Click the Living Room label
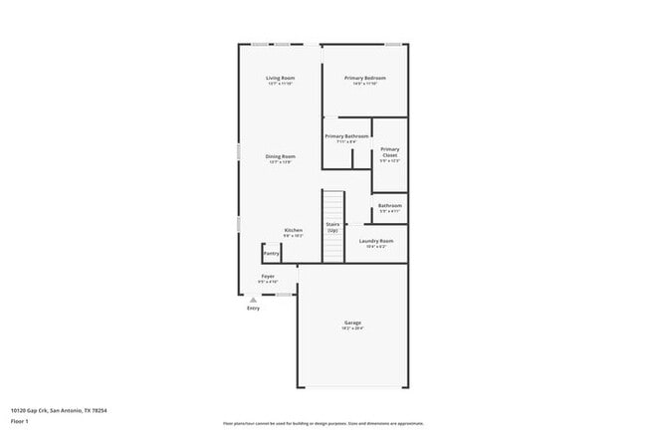pos(280,78)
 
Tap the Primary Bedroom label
pos(364,78)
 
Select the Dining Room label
pos(280,156)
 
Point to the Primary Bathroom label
pos(347,136)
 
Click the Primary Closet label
pos(389,152)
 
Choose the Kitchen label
pos(293,230)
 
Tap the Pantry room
pos(271,253)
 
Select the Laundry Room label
pos(376,241)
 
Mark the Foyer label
pos(268,276)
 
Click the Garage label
pos(352,323)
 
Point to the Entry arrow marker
pos(253,300)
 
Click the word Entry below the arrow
pos(253,309)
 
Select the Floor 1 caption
pos(20,420)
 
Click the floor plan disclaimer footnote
pos(323,422)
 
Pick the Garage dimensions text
pos(352,328)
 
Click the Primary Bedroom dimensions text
pos(364,84)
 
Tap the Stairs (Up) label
pos(332,227)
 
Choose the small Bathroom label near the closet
pos(389,205)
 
